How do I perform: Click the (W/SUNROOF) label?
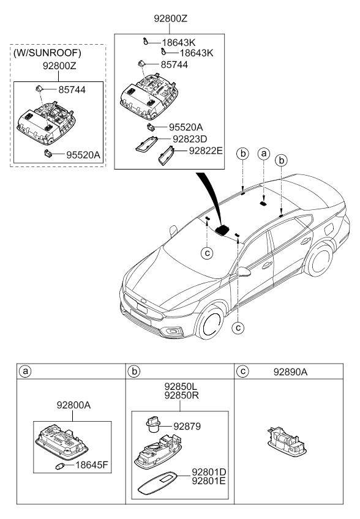coord(47,53)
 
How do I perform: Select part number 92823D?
coord(190,139)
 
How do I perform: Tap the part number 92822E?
coord(206,151)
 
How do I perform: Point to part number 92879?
coord(187,427)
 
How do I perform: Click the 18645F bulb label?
coord(92,465)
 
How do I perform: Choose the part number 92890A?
coord(290,372)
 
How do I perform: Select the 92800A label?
coord(73,405)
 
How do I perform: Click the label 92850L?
coord(181,386)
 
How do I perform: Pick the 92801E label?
coord(209,480)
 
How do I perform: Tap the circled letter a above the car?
coord(264,154)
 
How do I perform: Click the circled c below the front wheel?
coord(238,327)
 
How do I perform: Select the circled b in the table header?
coord(134,372)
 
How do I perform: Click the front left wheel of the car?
coord(211,323)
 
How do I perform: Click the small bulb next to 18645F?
coord(59,466)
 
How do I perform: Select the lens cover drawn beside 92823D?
coord(146,144)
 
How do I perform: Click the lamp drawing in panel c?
coord(287,440)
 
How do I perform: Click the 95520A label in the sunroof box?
coord(83,155)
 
